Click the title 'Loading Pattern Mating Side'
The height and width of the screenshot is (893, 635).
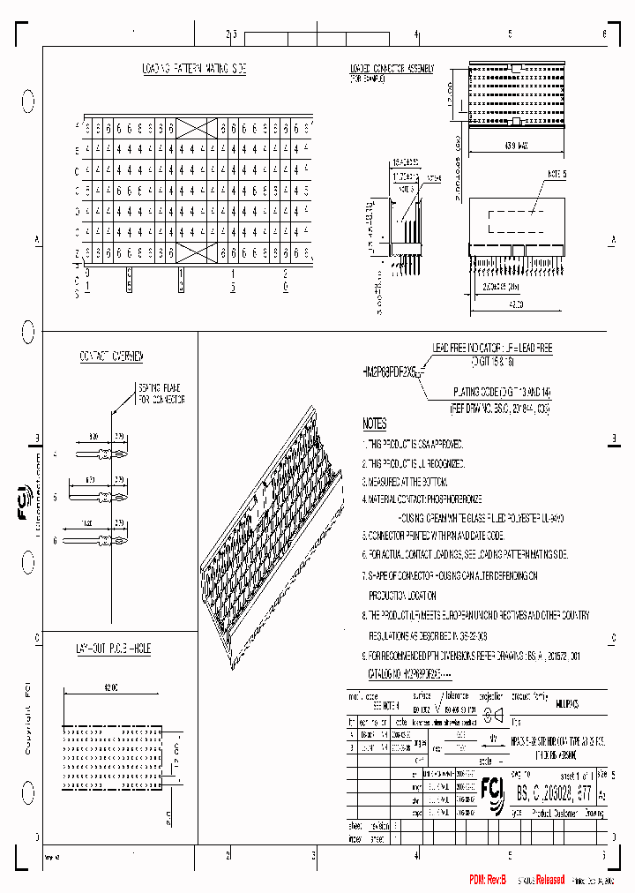pos(195,68)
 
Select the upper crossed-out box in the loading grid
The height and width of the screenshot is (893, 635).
pos(196,128)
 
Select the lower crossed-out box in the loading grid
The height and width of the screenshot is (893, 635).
pos(196,253)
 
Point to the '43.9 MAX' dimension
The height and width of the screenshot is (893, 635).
pos(517,146)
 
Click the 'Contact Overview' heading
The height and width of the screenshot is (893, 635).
pos(111,356)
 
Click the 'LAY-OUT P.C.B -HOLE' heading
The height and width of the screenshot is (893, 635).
pos(113,649)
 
